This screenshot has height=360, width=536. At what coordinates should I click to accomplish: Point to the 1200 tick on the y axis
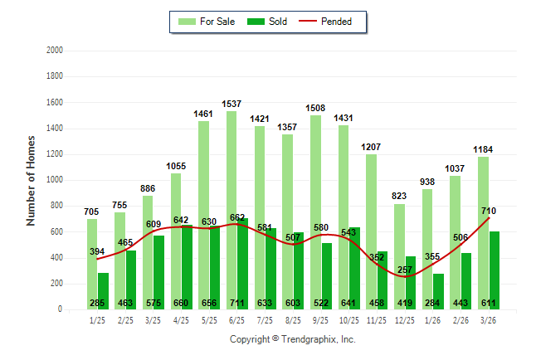pyautogui.click(x=54, y=154)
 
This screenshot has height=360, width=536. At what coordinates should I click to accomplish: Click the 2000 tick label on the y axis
pyautogui.click(x=54, y=51)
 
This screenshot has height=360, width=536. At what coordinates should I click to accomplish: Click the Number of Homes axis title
pyautogui.click(x=32, y=180)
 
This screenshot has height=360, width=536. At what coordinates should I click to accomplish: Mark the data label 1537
pyautogui.click(x=231, y=104)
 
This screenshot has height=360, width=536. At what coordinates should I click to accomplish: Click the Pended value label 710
pyautogui.click(x=487, y=211)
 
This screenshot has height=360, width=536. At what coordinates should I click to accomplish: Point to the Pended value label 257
pyautogui.click(x=405, y=270)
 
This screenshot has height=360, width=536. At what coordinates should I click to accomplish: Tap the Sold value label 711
pyautogui.click(x=237, y=303)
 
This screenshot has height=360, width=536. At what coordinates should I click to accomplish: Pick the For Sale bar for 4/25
pyautogui.click(x=176, y=241)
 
